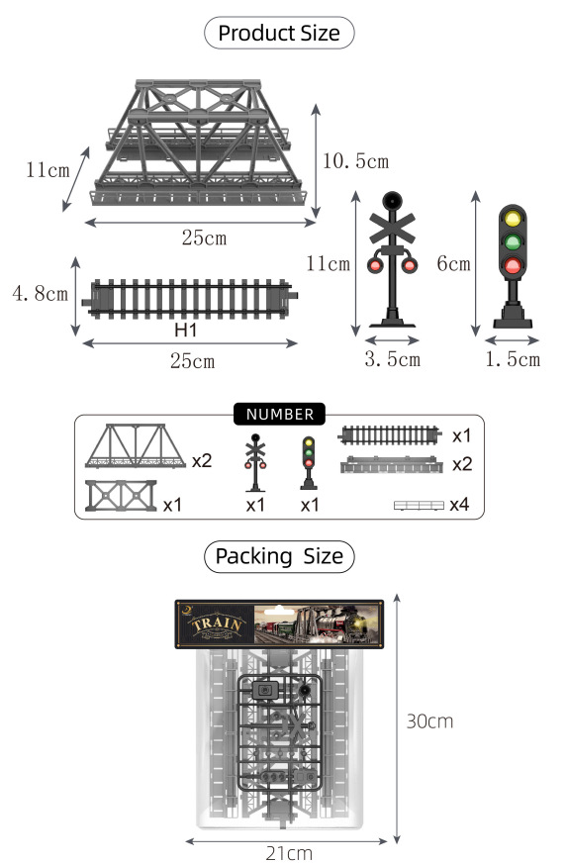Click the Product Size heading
[x=278, y=33]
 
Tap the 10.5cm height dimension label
[x=356, y=160]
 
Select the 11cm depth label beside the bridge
[x=47, y=170]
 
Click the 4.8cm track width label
[x=40, y=294]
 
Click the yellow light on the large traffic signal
[x=513, y=219]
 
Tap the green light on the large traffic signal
[x=513, y=241]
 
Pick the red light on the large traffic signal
[x=513, y=264]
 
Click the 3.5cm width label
[x=392, y=359]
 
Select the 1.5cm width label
[x=513, y=359]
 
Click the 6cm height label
[x=453, y=264]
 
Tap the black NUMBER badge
[x=279, y=415]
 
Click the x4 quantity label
[x=459, y=505]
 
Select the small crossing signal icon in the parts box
[x=255, y=462]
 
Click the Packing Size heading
[x=278, y=556]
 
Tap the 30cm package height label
[x=429, y=720]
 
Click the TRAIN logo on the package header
[x=215, y=625]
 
